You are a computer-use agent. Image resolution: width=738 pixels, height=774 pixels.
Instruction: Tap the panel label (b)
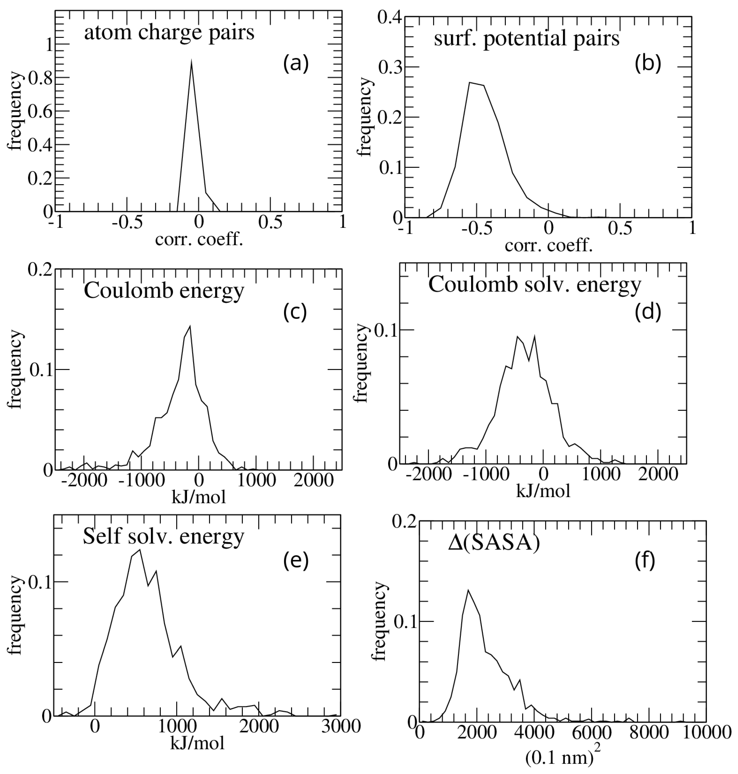(x=648, y=63)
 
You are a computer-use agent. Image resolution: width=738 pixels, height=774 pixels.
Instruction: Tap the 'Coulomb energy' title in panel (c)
(x=164, y=291)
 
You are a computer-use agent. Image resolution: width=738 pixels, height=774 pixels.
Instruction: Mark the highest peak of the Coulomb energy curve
(x=190, y=326)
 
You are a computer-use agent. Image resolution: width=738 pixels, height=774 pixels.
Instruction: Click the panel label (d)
(x=648, y=311)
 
